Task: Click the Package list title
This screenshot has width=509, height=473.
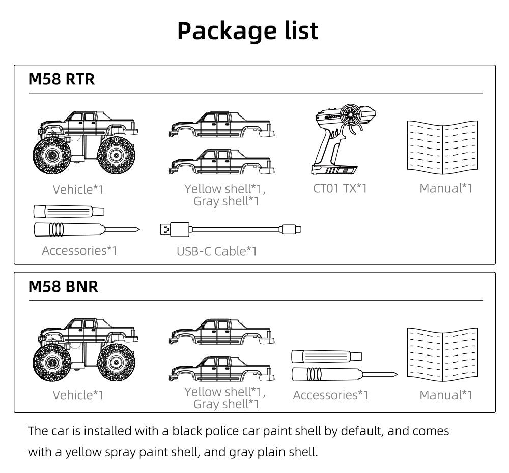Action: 247,31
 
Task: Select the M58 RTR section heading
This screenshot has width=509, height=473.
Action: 61,80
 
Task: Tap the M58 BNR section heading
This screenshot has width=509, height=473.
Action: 63,286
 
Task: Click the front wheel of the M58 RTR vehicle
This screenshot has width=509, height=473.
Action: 52,155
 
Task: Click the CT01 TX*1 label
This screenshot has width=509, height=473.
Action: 340,188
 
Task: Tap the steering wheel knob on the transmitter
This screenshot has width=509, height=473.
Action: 351,115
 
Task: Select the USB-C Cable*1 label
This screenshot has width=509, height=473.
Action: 217,251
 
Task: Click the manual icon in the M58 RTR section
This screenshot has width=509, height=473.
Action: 443,145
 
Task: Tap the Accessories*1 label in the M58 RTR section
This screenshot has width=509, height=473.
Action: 79,250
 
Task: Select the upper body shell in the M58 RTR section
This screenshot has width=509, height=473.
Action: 221,125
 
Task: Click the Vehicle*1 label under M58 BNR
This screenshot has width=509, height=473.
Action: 78,395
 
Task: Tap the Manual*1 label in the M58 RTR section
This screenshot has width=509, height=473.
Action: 446,188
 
